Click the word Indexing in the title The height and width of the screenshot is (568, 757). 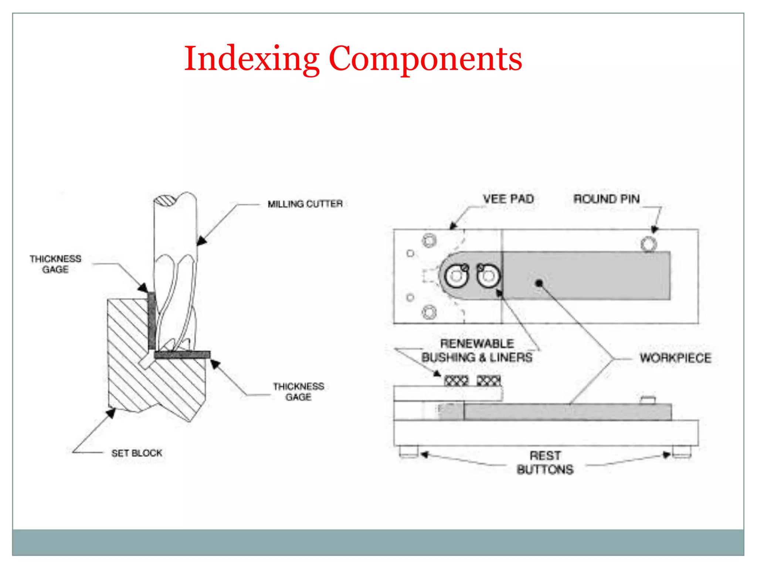click(251, 59)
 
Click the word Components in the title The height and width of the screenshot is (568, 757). click(425, 59)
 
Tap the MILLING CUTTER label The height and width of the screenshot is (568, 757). click(305, 204)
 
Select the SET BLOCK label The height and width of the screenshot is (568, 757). click(137, 453)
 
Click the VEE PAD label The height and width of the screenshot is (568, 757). click(508, 199)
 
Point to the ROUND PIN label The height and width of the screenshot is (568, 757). click(606, 199)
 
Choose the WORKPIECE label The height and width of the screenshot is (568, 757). click(675, 358)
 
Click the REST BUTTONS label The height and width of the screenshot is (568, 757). click(545, 463)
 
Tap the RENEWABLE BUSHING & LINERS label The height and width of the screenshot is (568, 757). click(477, 351)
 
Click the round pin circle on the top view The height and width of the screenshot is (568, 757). click(649, 244)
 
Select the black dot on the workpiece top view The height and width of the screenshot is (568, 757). click(539, 283)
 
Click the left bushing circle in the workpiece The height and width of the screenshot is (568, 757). click(456, 276)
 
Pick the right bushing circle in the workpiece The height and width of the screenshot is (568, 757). click(488, 276)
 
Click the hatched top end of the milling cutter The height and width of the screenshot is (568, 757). click(165, 201)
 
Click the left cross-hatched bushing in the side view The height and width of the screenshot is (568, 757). click(456, 381)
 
